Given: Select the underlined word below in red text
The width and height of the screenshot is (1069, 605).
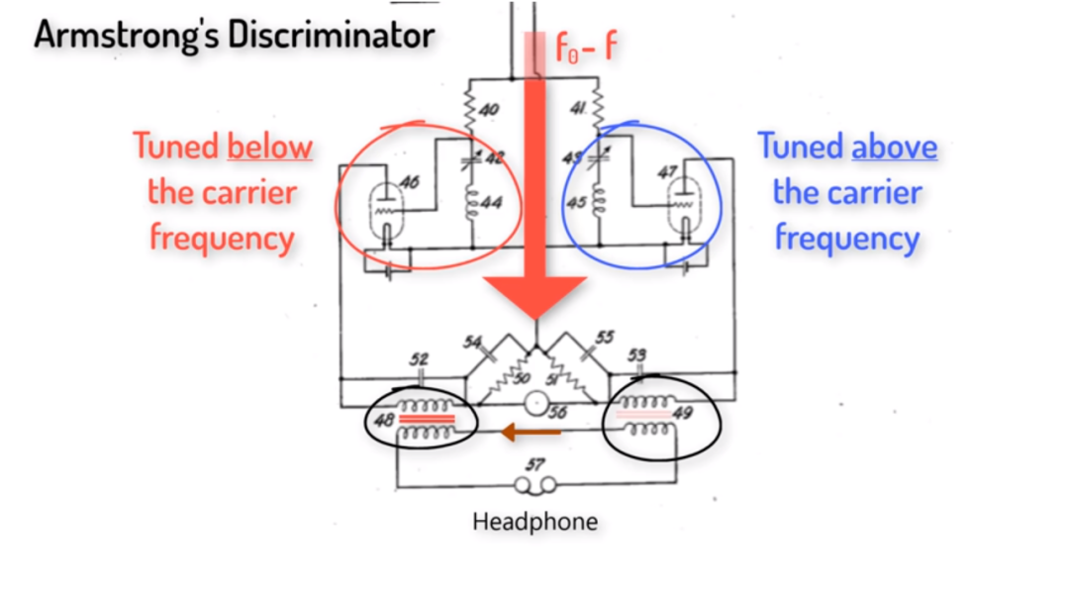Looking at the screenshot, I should coord(269,148).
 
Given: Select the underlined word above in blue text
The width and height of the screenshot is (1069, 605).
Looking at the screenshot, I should coord(895,148).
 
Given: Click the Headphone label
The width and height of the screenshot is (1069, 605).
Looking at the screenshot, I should coord(534,521).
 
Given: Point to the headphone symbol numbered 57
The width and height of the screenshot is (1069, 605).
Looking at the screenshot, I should coord(534,485).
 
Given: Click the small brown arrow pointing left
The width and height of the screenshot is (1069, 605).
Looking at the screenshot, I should coord(531,432).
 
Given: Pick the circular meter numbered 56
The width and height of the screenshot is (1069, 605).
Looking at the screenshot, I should coord(536,403).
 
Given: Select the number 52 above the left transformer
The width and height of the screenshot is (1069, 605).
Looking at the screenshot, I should coord(419,358).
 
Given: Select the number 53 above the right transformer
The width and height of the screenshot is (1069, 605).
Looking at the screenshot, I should coord(636,354).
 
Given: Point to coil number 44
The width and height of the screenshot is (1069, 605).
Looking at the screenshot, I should coord(471,203).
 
